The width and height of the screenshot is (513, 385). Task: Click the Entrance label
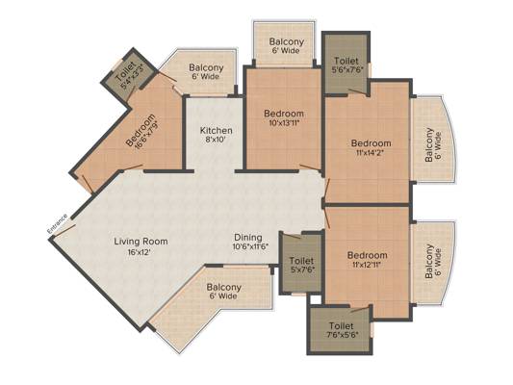58,223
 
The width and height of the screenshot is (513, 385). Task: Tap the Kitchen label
217,131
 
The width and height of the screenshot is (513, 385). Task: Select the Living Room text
141,242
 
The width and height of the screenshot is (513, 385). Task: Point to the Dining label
248,238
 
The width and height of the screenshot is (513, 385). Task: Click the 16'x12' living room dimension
139,252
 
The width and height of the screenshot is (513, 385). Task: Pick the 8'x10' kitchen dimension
216,140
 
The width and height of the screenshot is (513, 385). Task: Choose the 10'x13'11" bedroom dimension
284,122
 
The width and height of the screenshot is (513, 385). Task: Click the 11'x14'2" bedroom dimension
370,152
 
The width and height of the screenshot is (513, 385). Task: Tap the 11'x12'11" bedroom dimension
367,265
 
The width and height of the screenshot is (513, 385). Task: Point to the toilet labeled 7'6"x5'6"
341,330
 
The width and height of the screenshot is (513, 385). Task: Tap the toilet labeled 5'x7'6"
301,265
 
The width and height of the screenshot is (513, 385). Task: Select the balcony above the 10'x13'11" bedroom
285,45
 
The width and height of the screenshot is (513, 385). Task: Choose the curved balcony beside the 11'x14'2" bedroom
432,140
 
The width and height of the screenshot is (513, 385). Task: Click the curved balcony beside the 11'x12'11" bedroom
432,264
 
